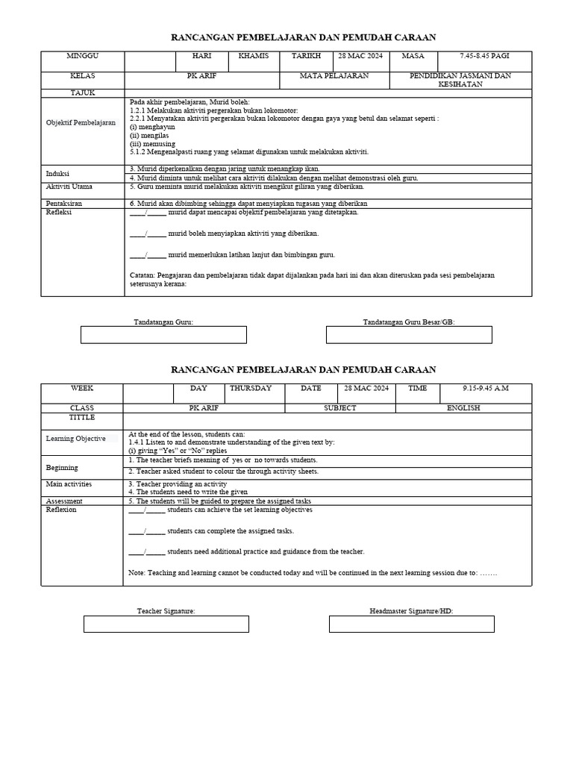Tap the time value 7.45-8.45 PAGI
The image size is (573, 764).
[486, 56]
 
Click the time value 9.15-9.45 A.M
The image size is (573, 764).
[485, 388]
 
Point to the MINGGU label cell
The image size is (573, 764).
[82, 56]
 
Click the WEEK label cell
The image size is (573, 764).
[82, 388]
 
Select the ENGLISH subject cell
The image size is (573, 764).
[463, 408]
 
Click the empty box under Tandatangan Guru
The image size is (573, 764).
[163, 335]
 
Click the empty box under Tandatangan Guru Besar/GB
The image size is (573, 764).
[409, 335]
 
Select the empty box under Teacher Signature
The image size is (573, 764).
[166, 624]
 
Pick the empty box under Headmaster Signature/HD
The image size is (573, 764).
[412, 624]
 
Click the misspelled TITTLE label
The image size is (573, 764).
[82, 418]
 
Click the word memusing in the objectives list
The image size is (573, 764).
[148, 143]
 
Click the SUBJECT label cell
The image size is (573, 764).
[339, 408]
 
